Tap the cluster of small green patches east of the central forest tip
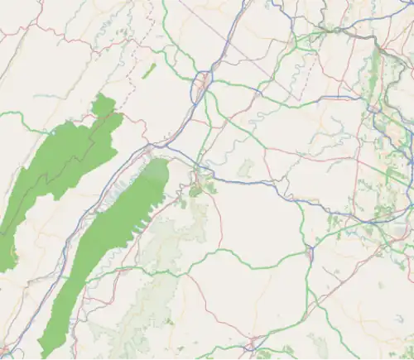coord(200,187)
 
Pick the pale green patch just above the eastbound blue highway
coord(244,169)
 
